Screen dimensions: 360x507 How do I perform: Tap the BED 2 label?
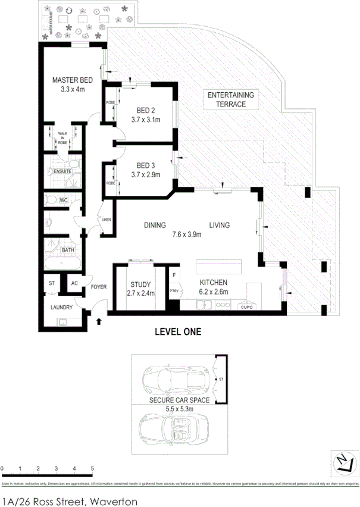(146, 110)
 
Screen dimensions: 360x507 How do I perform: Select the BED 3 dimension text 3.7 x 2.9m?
(146, 174)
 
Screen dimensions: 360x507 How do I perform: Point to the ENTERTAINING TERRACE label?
(230, 99)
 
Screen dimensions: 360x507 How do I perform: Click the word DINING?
(154, 225)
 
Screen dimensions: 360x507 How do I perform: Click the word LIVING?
(219, 225)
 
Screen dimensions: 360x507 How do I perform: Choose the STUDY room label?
(140, 284)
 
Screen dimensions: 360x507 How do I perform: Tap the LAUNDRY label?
(62, 308)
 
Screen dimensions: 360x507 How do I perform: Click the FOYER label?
(99, 287)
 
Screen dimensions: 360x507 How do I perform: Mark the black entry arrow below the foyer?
(99, 322)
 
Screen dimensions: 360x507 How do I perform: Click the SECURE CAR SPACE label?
(179, 400)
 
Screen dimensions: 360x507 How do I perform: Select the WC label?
(63, 201)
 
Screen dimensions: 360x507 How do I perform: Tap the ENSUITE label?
(62, 171)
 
